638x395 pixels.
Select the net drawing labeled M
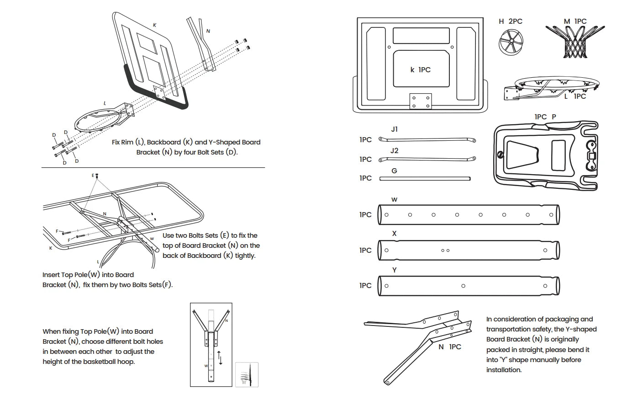pyautogui.click(x=575, y=42)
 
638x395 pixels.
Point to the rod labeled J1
pyautogui.click(x=427, y=140)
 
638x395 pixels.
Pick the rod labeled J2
pyautogui.click(x=427, y=159)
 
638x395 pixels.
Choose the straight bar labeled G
pyautogui.click(x=425, y=178)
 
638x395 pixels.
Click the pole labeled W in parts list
pyautogui.click(x=468, y=214)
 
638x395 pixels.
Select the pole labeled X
pyautogui.click(x=468, y=250)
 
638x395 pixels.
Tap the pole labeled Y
pyautogui.click(x=468, y=286)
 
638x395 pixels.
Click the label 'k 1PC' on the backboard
pyautogui.click(x=420, y=70)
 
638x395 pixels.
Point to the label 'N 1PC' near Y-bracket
pyautogui.click(x=449, y=347)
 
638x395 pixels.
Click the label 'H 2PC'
pyautogui.click(x=511, y=21)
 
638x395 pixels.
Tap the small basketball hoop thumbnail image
pyautogui.click(x=247, y=374)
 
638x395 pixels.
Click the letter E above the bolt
pyautogui.click(x=93, y=176)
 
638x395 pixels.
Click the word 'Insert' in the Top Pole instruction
pyautogui.click(x=53, y=275)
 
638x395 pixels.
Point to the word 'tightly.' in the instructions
pyautogui.click(x=246, y=256)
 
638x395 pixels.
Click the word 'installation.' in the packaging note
pyautogui.click(x=504, y=370)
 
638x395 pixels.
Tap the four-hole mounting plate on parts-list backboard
pyautogui.click(x=420, y=101)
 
